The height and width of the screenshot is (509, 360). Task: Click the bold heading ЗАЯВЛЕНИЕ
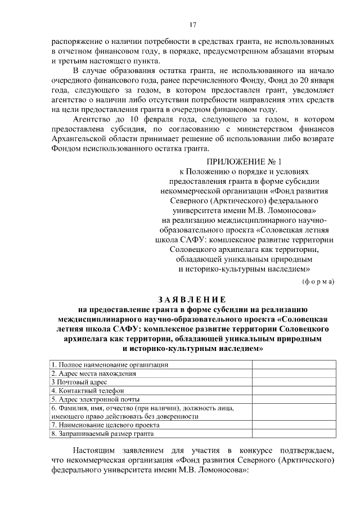coord(192,299)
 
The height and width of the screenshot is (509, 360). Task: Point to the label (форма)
coord(318,281)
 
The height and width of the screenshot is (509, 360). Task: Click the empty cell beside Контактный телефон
coord(294,390)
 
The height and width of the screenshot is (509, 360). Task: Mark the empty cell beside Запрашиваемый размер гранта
coord(294,434)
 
